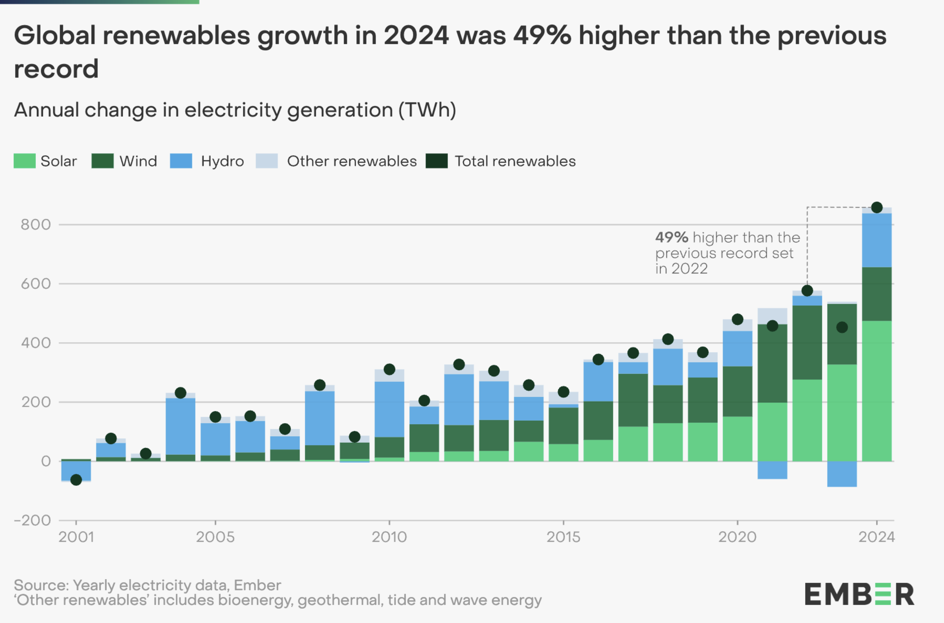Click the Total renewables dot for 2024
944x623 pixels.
pyautogui.click(x=876, y=207)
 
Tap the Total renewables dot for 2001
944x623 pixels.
pyautogui.click(x=76, y=480)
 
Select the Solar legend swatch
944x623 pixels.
pyautogui.click(x=25, y=161)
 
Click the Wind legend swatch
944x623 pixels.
pyautogui.click(x=102, y=161)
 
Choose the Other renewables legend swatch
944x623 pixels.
pyautogui.click(x=266, y=161)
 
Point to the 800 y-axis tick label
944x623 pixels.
pyautogui.click(x=36, y=225)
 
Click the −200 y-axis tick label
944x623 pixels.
pyautogui.click(x=32, y=520)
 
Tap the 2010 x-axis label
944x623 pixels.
pyautogui.click(x=389, y=537)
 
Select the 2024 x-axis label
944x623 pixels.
pyautogui.click(x=876, y=537)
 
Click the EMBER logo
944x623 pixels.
pyautogui.click(x=859, y=594)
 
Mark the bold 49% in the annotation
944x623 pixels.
pyautogui.click(x=671, y=237)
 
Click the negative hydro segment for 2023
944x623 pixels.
pyautogui.click(x=842, y=474)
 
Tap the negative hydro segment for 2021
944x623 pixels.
pyautogui.click(x=772, y=470)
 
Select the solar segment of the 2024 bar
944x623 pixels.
pyautogui.click(x=876, y=391)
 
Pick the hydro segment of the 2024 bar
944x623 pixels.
pyautogui.click(x=876, y=240)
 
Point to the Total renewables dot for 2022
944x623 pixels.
pyautogui.click(x=807, y=291)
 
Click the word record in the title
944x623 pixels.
pyautogui.click(x=56, y=69)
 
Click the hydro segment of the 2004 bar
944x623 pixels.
pyautogui.click(x=180, y=426)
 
